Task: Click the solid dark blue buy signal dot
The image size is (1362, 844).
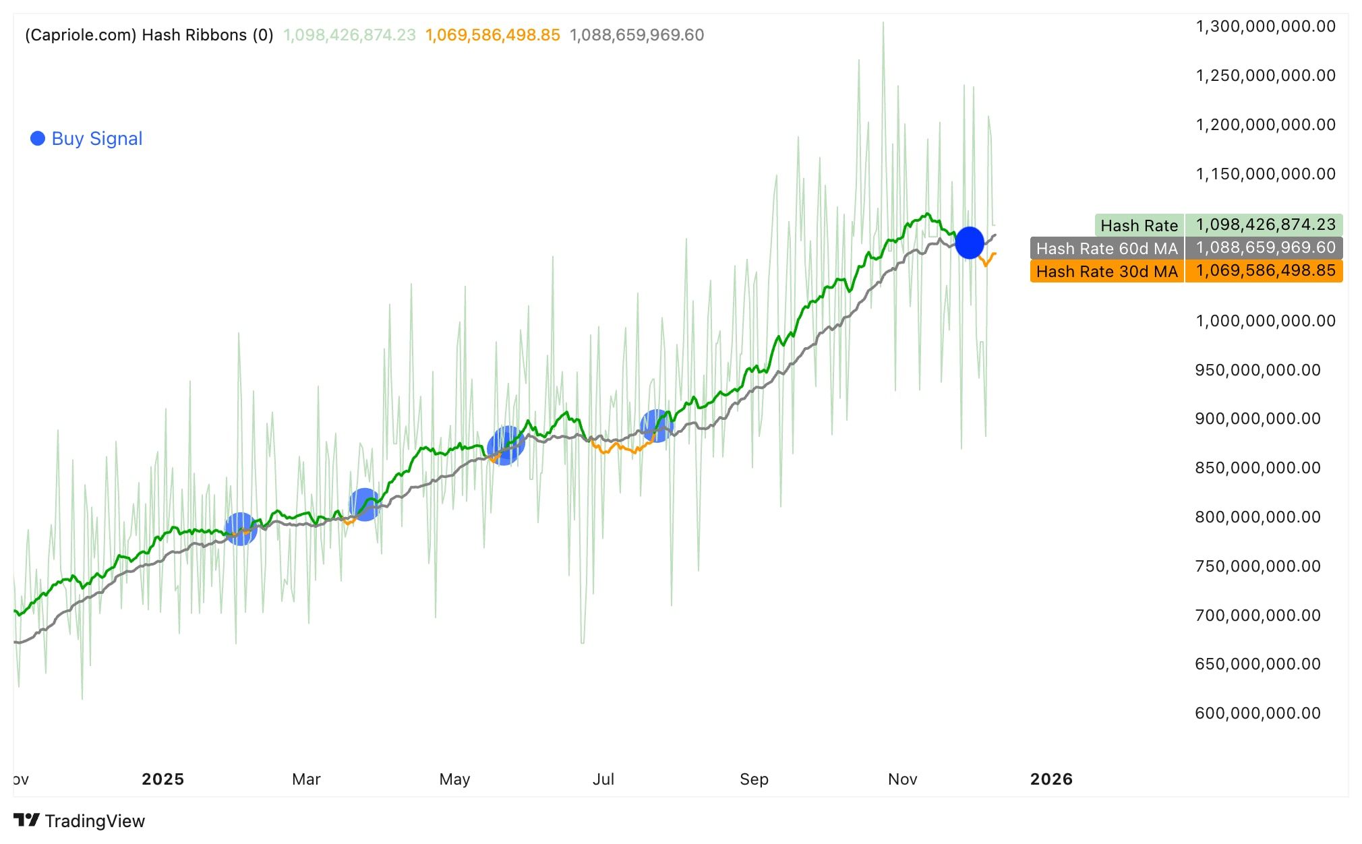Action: point(970,243)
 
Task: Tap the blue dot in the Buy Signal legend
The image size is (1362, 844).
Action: point(38,138)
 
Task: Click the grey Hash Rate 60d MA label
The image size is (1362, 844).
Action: point(1106,248)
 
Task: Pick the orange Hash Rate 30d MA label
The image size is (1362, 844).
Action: point(1106,271)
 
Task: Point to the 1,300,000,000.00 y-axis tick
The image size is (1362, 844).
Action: point(1265,26)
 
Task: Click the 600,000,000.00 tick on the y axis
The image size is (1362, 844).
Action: point(1257,713)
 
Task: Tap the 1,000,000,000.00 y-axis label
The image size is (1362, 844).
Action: point(1265,320)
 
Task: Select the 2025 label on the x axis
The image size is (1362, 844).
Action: point(162,779)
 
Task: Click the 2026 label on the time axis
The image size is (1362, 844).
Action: point(1051,779)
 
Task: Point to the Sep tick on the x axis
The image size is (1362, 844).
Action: point(754,779)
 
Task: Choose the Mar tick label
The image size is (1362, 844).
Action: point(306,779)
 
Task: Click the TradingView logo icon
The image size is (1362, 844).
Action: point(27,820)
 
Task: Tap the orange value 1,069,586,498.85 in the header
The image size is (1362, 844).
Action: point(492,35)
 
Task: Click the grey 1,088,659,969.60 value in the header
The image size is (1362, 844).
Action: point(636,35)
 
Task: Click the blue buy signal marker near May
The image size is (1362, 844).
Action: point(506,446)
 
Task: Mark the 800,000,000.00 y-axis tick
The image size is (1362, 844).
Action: point(1257,516)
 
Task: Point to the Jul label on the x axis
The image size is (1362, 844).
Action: point(603,779)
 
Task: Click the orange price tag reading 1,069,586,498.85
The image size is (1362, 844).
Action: point(1264,271)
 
